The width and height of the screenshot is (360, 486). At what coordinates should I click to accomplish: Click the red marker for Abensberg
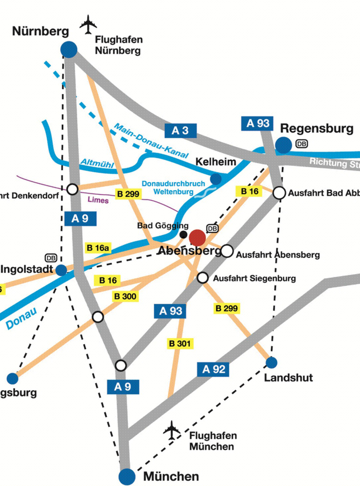pos(198,238)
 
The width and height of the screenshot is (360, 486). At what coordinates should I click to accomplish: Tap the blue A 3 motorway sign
pos(180,130)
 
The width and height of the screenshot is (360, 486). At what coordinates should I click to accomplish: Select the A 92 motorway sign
pos(213,370)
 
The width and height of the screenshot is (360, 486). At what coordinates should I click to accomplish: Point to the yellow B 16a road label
pos(98,248)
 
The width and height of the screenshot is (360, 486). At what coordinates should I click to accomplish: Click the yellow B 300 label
pos(125,296)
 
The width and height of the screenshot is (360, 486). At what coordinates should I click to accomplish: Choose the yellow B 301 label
pos(180,344)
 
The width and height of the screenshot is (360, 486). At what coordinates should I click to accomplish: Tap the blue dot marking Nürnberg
pos(69,49)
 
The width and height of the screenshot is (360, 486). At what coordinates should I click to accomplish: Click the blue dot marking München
pos(127,476)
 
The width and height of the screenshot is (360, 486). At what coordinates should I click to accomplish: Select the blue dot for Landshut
pos(271,362)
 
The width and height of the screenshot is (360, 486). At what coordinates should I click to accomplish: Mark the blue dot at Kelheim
pos(216,179)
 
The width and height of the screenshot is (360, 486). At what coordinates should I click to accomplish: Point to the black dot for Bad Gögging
pos(183,235)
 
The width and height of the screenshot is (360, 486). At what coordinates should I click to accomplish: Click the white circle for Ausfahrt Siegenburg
pos(203,278)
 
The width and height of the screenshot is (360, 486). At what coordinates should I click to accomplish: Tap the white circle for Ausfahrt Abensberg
pos(227,251)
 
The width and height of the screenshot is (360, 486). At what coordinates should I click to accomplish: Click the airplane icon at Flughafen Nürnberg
pos(89,25)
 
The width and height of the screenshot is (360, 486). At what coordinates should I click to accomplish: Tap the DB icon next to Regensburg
pos(302,144)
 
